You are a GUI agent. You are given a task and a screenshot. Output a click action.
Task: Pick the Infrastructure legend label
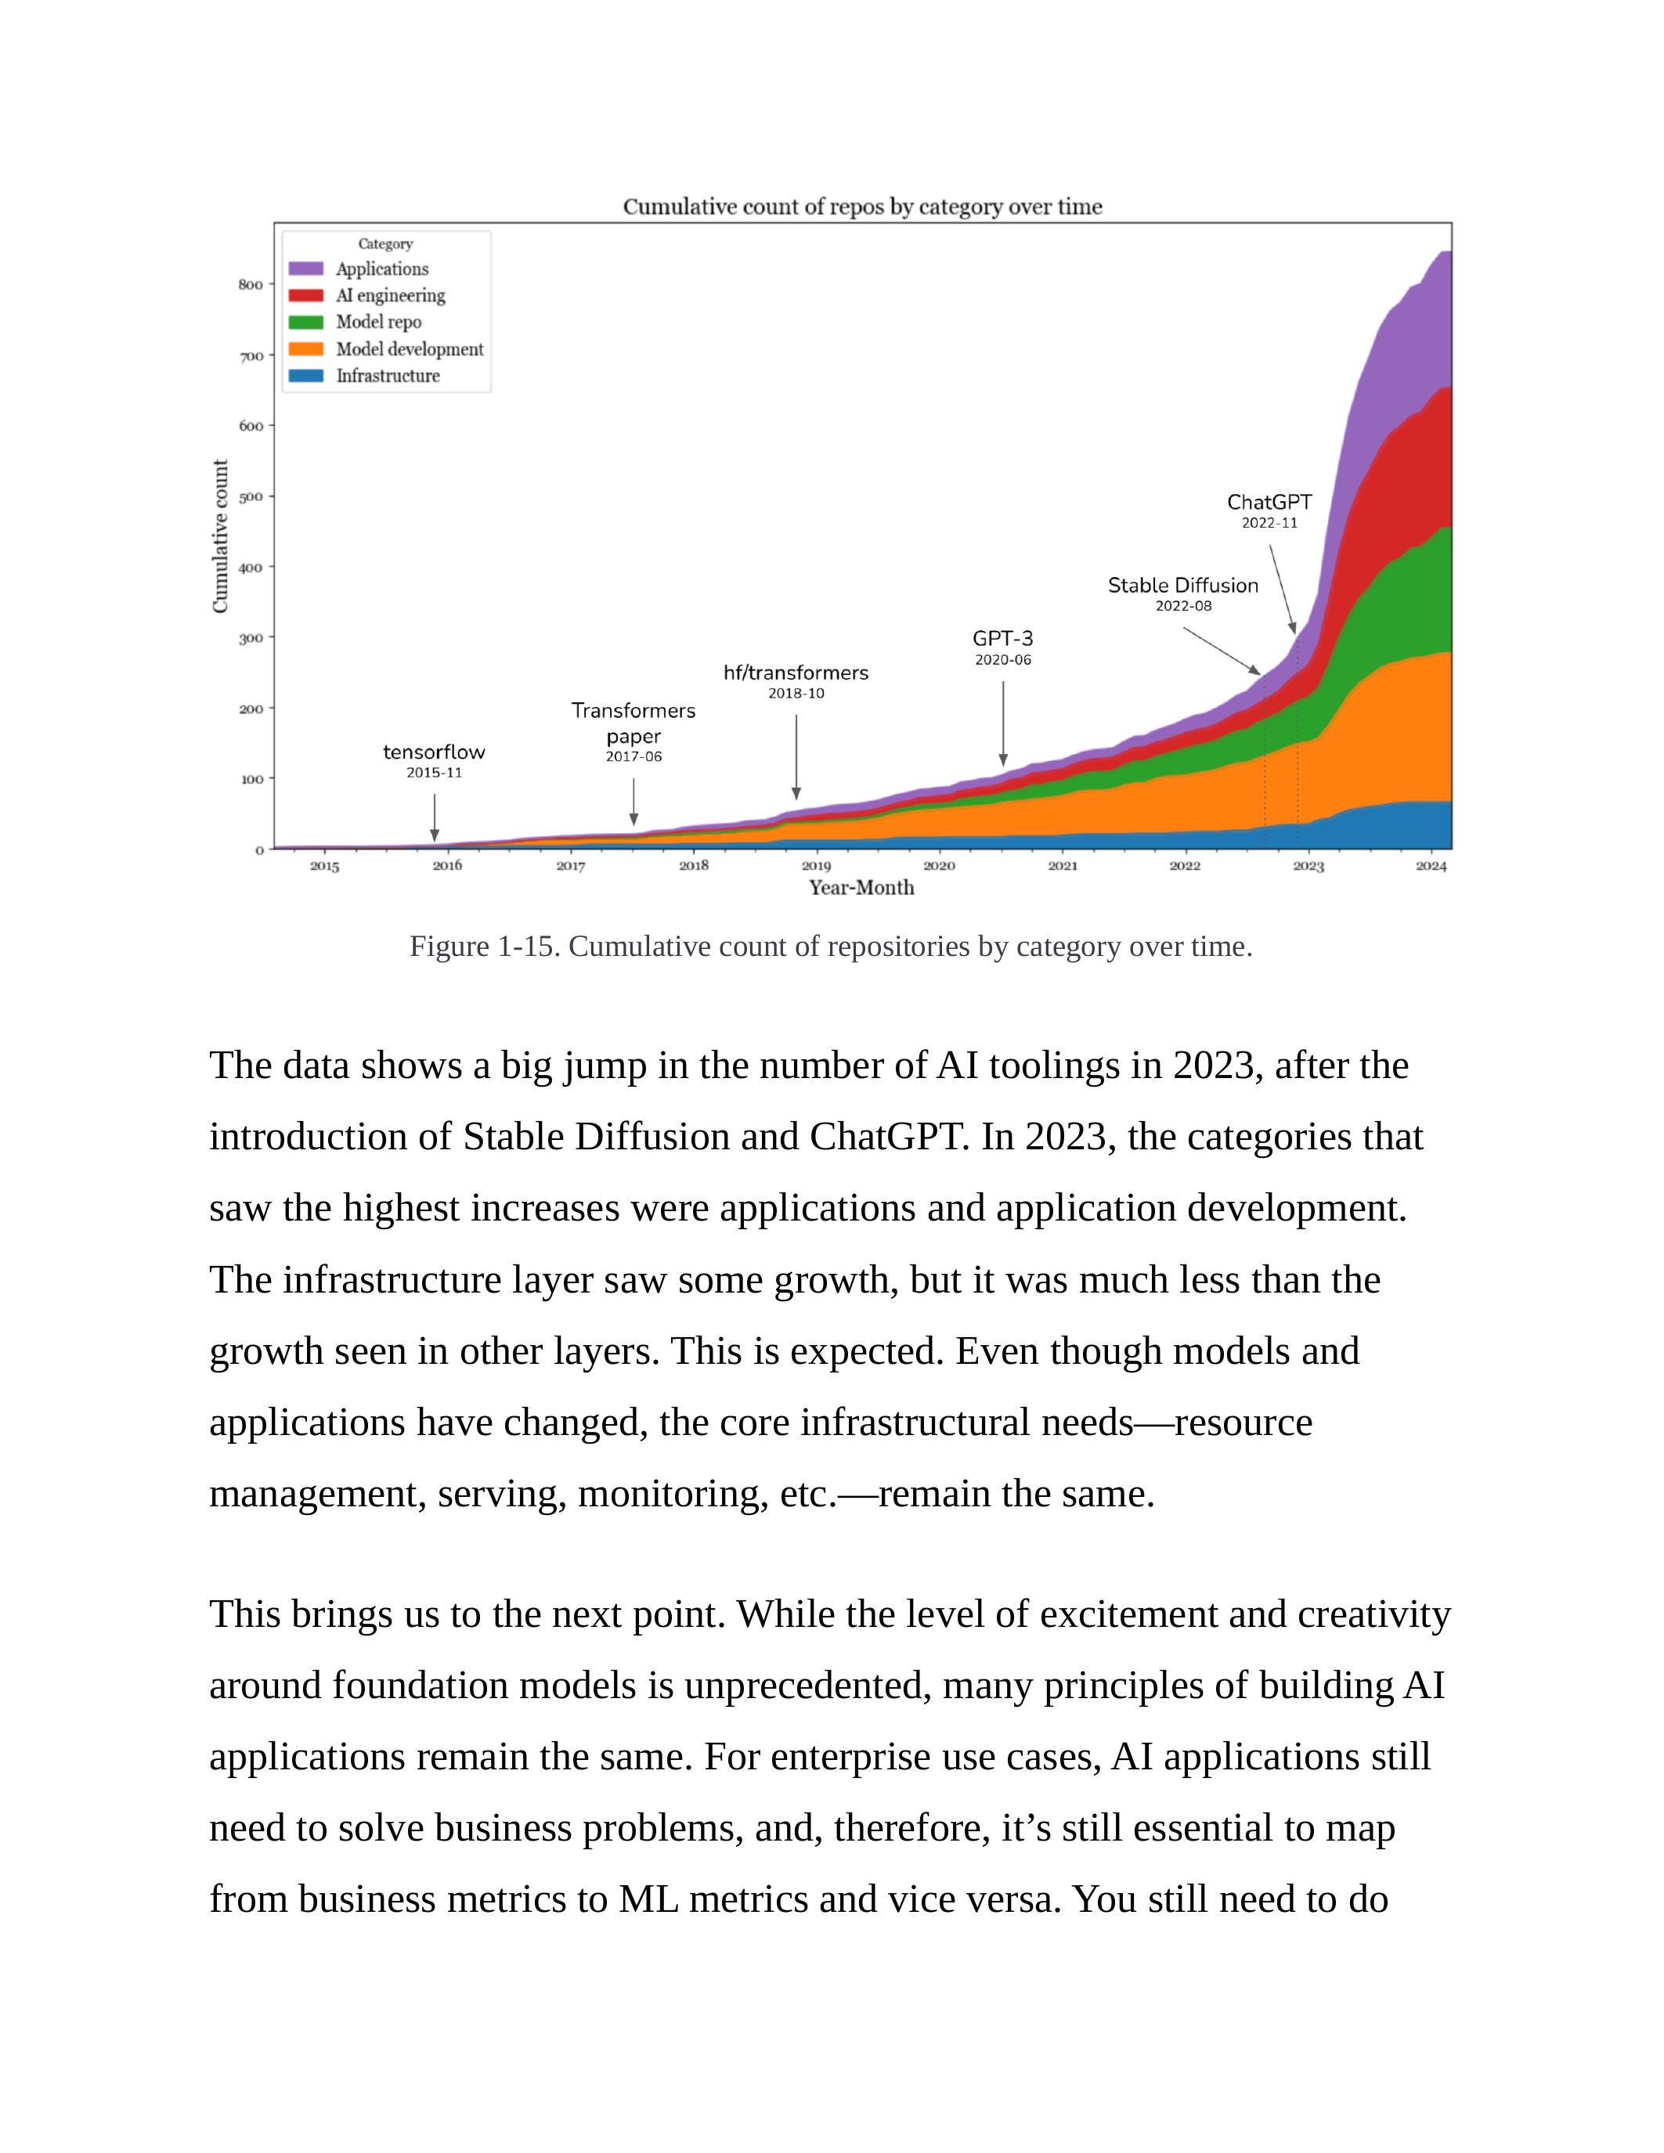pos(388,376)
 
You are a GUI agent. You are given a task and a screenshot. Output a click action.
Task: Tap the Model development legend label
pos(409,349)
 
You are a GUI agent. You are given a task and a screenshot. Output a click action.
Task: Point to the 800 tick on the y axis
pos(251,285)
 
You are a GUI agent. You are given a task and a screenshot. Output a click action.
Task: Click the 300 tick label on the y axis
pos(251,638)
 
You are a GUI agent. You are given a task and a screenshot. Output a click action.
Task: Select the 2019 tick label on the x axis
pos(816,867)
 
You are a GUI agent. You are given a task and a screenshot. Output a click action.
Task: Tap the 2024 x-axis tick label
pos(1431,867)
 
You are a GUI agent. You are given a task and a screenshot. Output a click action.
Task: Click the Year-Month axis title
pos(861,889)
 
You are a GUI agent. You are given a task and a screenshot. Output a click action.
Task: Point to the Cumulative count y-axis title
pos(221,536)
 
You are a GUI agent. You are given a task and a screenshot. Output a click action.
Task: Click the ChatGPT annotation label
pos(1269,503)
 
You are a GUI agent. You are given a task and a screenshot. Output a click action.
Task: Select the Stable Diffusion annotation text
pos(1183,586)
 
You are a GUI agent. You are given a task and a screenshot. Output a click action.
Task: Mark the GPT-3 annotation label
pos(1002,639)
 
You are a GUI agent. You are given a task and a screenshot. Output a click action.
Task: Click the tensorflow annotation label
pos(434,752)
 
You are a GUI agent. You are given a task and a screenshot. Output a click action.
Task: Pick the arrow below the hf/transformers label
pos(796,757)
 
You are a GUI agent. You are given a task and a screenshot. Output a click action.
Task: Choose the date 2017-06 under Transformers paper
pos(633,757)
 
